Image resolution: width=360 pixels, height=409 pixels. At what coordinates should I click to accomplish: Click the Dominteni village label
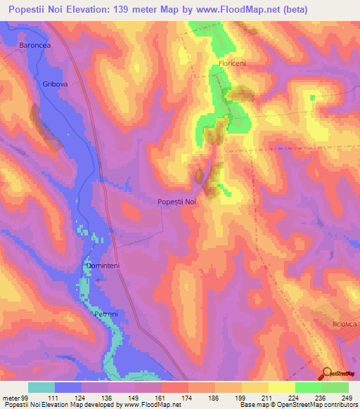coord(104,266)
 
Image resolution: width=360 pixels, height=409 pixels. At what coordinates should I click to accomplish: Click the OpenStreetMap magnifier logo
coord(326,373)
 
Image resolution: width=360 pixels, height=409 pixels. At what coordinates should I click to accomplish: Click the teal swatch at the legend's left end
coord(41,387)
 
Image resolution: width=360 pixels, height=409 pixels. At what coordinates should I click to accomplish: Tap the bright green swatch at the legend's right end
coord(335,387)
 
